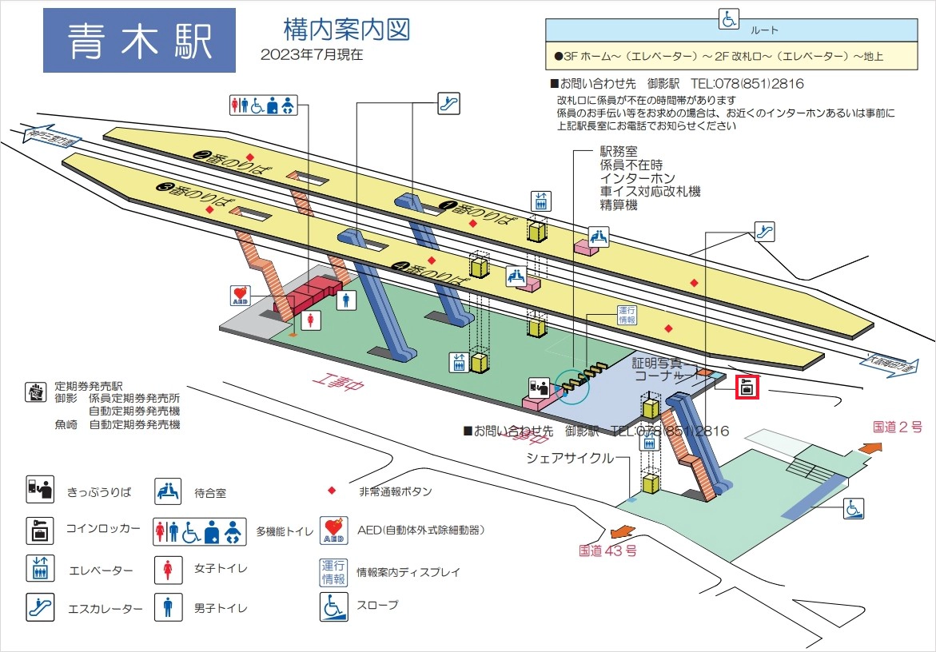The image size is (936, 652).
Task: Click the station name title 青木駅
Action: (139, 41)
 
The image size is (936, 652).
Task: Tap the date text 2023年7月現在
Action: (311, 55)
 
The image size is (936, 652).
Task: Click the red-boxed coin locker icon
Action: (747, 388)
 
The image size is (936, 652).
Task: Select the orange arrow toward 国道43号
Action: (619, 532)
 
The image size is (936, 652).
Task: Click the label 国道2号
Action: (898, 427)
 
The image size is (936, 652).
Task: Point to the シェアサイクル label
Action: (570, 458)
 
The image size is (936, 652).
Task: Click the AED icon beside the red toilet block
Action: (241, 296)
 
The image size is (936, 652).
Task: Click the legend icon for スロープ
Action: (333, 606)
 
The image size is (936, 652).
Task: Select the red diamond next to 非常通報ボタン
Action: (332, 491)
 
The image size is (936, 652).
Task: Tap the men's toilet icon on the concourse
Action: (346, 299)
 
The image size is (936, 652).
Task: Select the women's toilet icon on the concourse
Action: (311, 320)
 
